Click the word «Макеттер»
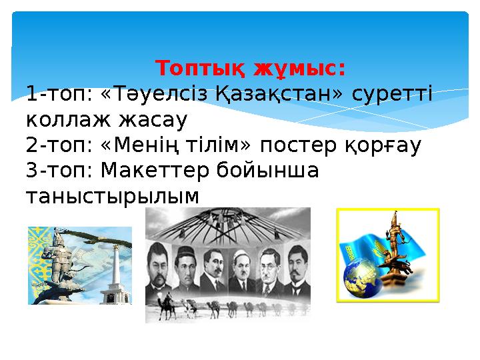click(155, 171)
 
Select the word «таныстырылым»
click(112, 197)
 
